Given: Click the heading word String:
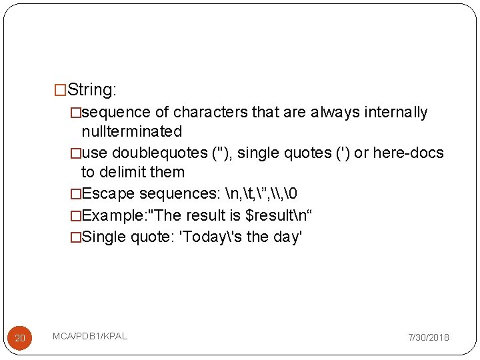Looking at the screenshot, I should (93, 89).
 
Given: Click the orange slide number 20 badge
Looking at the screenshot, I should (20, 339).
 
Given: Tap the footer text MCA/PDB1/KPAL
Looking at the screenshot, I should (90, 335).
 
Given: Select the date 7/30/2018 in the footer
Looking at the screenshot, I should (429, 337).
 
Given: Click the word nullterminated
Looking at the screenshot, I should (131, 131).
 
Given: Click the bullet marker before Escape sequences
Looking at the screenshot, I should (75, 194).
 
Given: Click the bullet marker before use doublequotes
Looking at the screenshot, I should (75, 153).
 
